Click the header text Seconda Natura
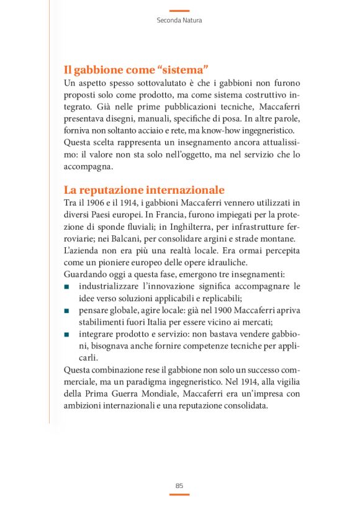(x=179, y=20)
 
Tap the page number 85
(x=179, y=486)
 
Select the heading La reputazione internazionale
(x=144, y=190)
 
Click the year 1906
(x=95, y=202)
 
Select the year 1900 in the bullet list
(x=203, y=311)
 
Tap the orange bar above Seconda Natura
(x=179, y=11)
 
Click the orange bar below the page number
(x=179, y=495)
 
